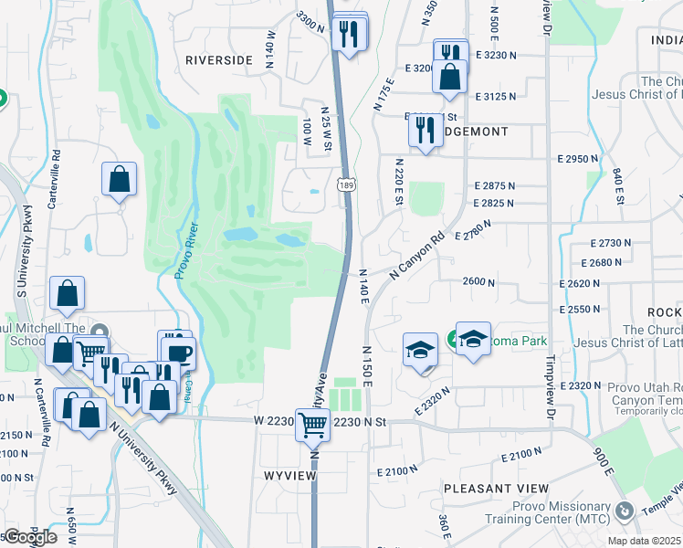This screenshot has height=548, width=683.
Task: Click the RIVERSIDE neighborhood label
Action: pyautogui.click(x=219, y=59)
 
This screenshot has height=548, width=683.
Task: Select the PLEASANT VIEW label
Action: pyautogui.click(x=489, y=489)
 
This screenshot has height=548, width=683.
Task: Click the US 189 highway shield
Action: pyautogui.click(x=345, y=185)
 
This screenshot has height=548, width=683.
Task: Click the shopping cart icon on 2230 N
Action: pyautogui.click(x=312, y=424)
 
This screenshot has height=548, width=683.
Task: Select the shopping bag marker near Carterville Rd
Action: pyautogui.click(x=120, y=179)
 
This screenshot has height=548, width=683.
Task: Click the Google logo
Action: pyautogui.click(x=29, y=536)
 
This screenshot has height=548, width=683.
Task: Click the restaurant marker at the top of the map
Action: pyautogui.click(x=350, y=33)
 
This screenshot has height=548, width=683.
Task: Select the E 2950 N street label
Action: pyautogui.click(x=578, y=159)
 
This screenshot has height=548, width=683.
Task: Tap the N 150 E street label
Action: pyautogui.click(x=367, y=365)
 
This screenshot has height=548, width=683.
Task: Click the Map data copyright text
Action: pyautogui.click(x=644, y=541)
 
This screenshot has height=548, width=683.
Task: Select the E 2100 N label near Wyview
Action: pyautogui.click(x=397, y=471)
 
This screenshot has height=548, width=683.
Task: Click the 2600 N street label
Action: pyautogui.click(x=478, y=282)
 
